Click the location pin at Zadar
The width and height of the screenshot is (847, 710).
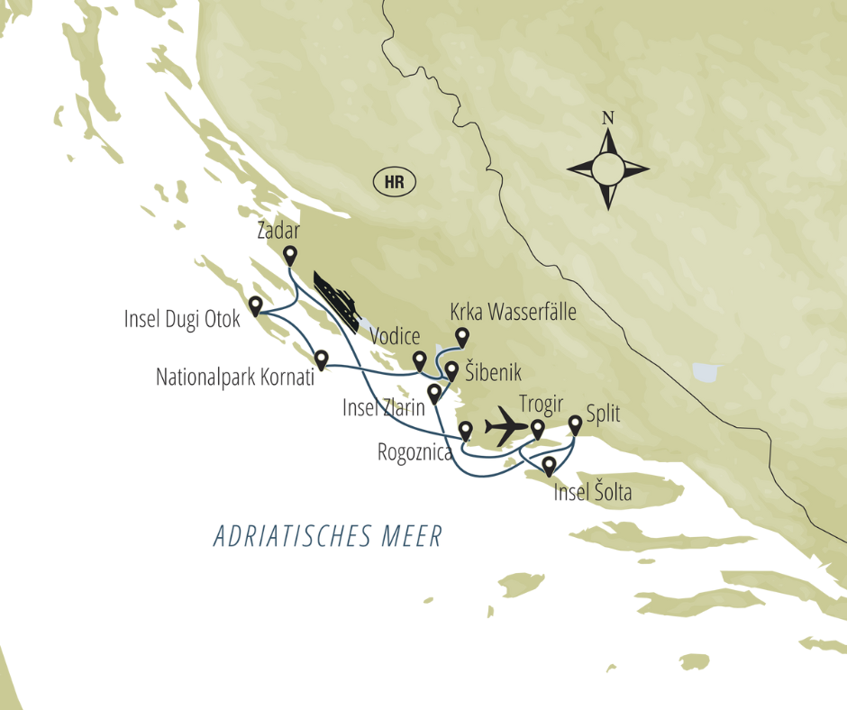(x=290, y=255)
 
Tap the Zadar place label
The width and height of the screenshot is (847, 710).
(x=278, y=231)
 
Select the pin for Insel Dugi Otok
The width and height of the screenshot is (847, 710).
(x=256, y=306)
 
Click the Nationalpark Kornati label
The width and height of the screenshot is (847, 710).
(x=235, y=377)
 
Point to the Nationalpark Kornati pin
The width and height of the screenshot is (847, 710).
(x=322, y=359)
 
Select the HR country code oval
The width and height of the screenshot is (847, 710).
(x=394, y=183)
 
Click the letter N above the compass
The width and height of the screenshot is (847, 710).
(x=608, y=118)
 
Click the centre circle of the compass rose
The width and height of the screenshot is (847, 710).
(x=608, y=168)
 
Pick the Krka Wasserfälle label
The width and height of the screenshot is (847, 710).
(x=513, y=314)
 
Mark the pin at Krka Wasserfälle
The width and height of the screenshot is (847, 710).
(x=462, y=336)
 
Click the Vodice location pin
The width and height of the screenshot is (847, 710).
(x=419, y=360)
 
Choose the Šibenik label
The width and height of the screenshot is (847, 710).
(x=494, y=372)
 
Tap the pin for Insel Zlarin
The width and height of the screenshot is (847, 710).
(x=434, y=393)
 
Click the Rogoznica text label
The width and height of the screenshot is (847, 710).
(x=414, y=453)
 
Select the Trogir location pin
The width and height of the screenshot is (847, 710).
(x=537, y=429)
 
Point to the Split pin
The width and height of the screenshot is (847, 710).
(x=576, y=423)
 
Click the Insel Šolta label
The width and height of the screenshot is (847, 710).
(x=592, y=494)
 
